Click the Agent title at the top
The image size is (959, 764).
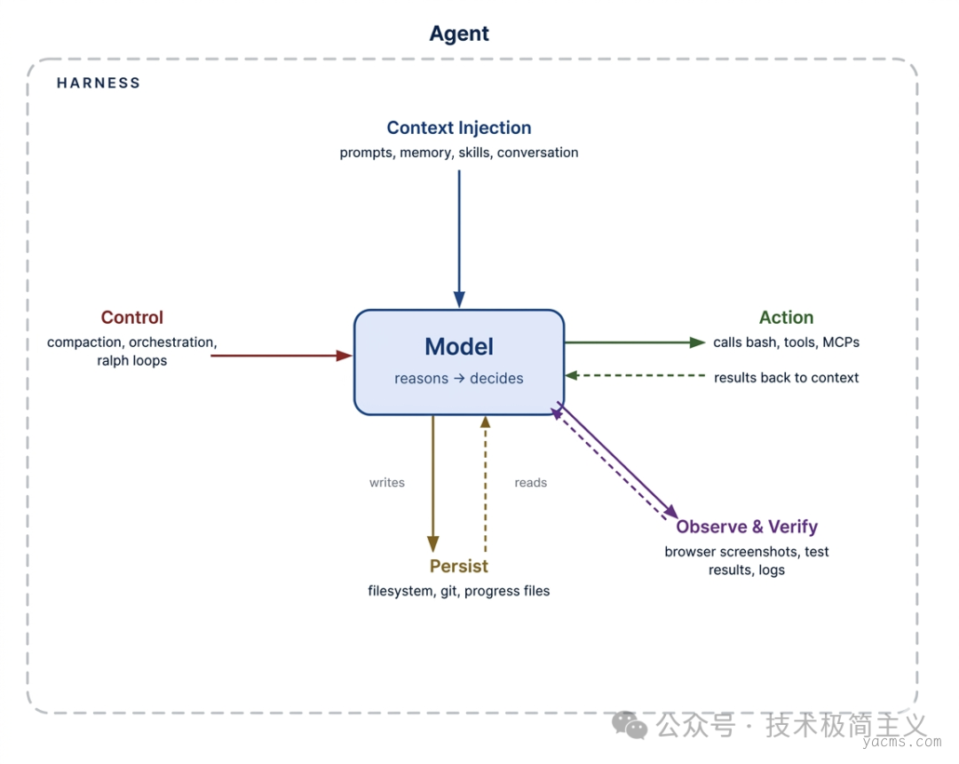(459, 34)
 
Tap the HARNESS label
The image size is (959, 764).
(99, 83)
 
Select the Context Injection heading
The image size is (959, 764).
(459, 129)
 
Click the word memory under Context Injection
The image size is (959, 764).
(426, 153)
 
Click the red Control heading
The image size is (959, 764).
(132, 318)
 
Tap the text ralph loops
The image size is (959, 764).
(132, 361)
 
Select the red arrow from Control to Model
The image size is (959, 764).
(281, 356)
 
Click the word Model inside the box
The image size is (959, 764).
(459, 347)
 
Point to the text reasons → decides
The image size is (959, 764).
(459, 379)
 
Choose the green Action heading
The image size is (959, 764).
(786, 318)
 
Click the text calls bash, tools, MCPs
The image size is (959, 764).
(786, 343)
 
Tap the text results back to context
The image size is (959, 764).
(786, 378)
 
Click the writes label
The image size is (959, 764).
(387, 483)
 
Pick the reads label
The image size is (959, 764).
(531, 483)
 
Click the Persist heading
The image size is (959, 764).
(459, 567)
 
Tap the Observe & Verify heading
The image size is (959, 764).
(747, 527)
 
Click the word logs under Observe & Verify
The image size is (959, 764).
(772, 570)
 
